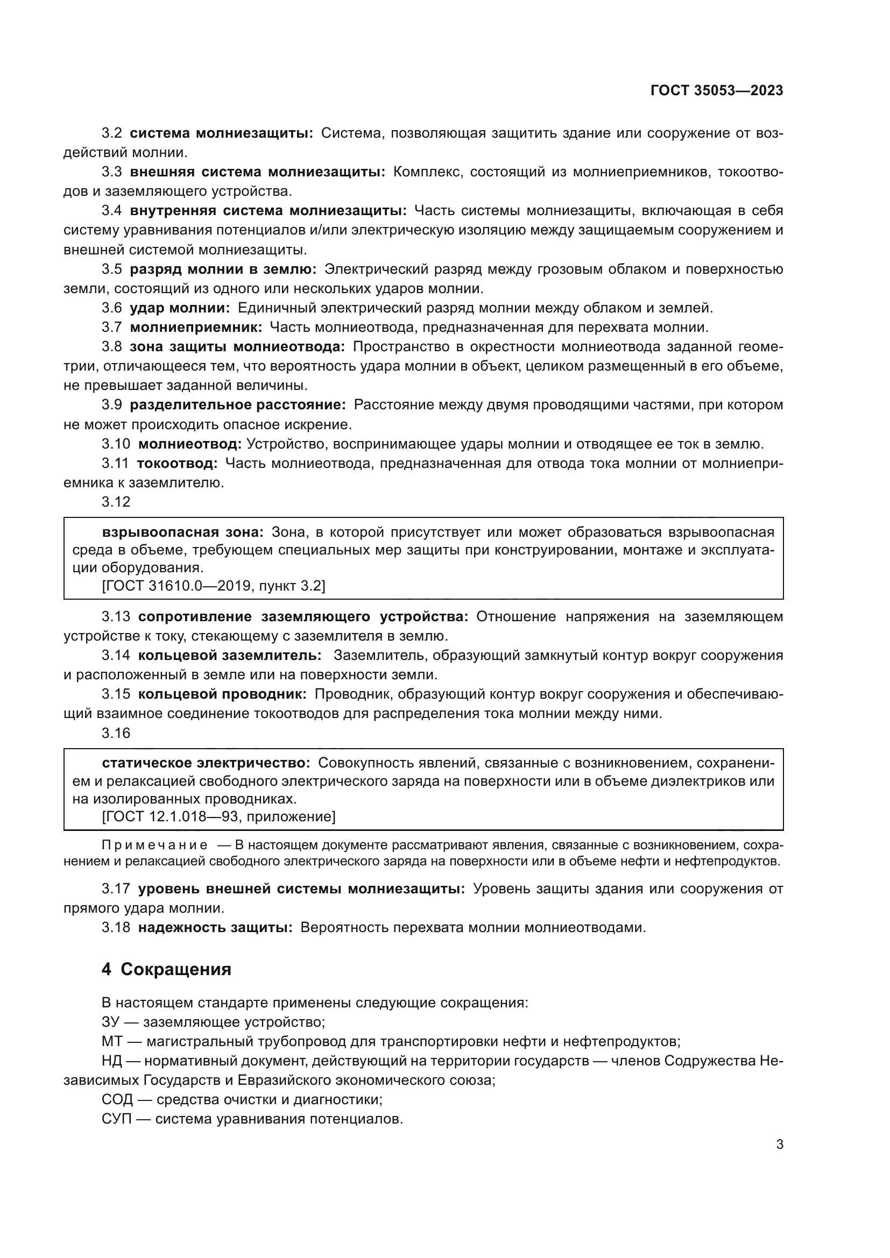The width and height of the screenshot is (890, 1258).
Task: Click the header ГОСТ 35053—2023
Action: [x=716, y=91]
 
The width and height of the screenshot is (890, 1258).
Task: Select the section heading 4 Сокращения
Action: [x=166, y=985]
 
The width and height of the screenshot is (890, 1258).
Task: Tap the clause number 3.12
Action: [x=116, y=502]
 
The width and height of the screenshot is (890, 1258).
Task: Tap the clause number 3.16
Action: [x=116, y=733]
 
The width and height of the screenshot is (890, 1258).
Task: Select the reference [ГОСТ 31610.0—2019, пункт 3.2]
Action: [x=214, y=586]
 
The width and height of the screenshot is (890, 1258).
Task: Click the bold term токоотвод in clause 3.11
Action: [x=177, y=464]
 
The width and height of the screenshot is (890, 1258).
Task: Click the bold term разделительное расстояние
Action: [x=237, y=405]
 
